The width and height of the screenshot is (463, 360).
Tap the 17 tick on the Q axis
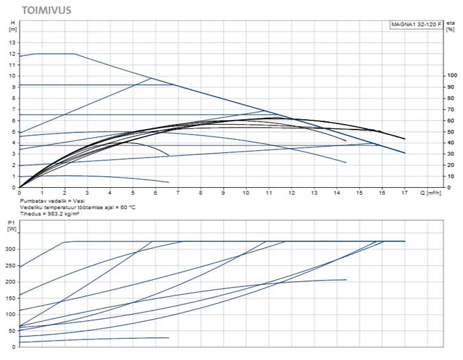[405, 193]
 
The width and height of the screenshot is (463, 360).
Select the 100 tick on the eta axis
[451, 75]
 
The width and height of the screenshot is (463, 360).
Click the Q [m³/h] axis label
[432, 193]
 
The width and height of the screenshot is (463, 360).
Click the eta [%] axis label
[451, 27]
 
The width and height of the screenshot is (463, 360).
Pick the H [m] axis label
[12, 27]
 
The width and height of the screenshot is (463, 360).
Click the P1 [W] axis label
[11, 226]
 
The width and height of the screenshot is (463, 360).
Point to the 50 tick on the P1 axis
[11, 331]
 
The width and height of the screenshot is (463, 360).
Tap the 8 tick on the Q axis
[200, 193]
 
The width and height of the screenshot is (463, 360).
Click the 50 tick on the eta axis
[450, 131]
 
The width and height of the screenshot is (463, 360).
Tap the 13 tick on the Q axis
[313, 193]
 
